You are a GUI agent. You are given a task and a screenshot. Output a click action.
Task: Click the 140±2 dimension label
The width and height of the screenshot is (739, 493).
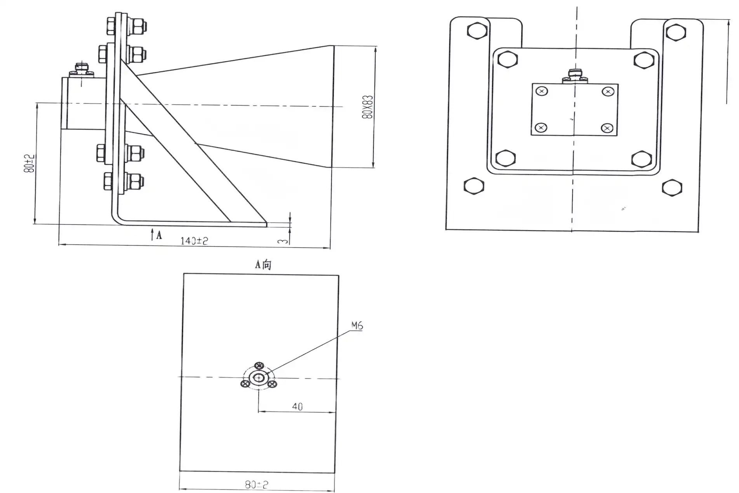194,241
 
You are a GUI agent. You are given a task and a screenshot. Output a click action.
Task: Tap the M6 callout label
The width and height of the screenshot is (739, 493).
357,326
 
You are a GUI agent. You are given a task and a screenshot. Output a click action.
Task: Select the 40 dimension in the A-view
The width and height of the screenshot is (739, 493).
297,406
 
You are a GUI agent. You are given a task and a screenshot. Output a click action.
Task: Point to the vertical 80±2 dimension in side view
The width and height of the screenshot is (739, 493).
30,163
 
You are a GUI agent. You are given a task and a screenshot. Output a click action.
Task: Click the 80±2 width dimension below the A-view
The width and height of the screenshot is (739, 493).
256,484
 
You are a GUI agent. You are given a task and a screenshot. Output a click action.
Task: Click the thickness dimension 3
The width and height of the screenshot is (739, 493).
284,241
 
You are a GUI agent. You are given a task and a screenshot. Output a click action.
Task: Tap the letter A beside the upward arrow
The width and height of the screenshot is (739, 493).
159,235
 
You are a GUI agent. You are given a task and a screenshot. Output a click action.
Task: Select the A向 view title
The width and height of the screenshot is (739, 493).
263,265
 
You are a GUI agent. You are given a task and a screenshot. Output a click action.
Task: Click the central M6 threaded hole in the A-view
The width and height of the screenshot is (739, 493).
259,378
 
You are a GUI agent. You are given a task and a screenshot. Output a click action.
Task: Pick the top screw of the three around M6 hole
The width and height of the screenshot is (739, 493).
259,366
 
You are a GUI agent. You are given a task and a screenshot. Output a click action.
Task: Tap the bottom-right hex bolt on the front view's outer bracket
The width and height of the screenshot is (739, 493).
672,187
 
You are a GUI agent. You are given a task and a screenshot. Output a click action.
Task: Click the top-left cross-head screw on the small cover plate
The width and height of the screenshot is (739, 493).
542,91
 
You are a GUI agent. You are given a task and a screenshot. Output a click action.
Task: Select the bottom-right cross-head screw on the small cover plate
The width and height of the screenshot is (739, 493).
607,128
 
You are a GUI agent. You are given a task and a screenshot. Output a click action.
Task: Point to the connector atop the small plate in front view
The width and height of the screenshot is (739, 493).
575,76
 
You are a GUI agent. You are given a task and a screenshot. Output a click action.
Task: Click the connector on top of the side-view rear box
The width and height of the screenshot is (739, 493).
81,69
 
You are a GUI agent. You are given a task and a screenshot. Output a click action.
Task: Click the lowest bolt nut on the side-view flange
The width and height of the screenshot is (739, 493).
135,181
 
